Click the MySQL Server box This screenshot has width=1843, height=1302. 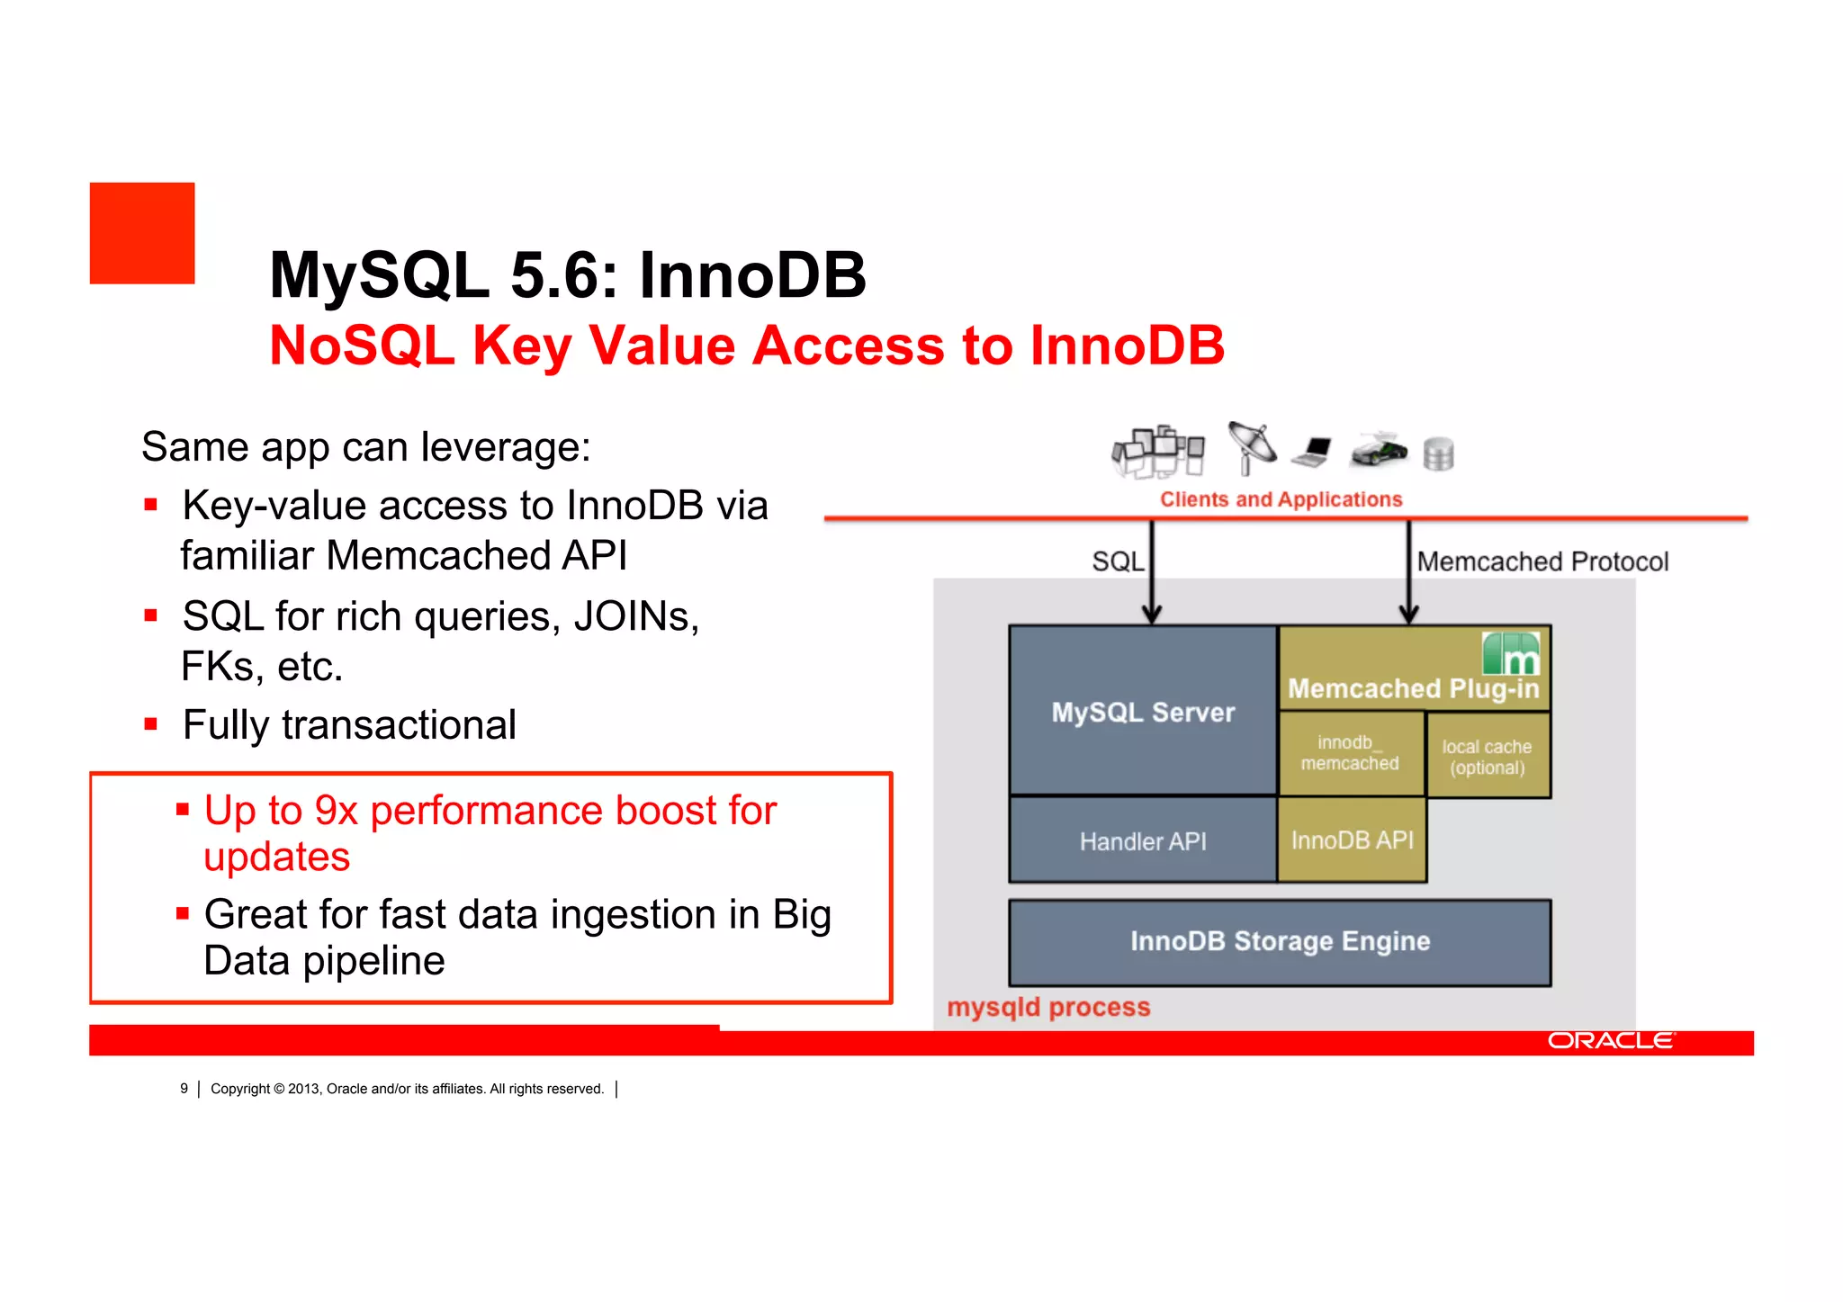point(1143,711)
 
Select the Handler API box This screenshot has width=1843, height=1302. point(1143,840)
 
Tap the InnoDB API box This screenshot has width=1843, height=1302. point(1352,840)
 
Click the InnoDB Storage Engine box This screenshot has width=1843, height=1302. point(1280,941)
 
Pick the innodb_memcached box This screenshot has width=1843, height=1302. point(1350,753)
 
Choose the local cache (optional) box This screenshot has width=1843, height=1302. point(1487,756)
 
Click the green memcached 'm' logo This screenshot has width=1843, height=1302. point(1511,653)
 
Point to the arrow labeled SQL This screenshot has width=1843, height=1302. point(1151,576)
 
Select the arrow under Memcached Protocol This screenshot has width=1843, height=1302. point(1409,576)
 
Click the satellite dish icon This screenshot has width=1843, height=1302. point(1251,446)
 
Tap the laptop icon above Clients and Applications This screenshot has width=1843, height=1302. point(1313,452)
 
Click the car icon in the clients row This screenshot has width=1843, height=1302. point(1378,450)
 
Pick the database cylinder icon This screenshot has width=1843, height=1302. point(1438,453)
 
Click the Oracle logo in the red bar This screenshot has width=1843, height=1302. point(1611,1041)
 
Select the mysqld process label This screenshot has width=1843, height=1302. point(1048,1007)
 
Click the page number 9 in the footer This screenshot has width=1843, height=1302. point(184,1089)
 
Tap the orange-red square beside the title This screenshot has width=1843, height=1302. point(142,233)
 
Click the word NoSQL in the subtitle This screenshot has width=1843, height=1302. point(362,346)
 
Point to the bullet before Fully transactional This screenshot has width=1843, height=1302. point(151,724)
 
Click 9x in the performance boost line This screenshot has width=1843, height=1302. point(336,811)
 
